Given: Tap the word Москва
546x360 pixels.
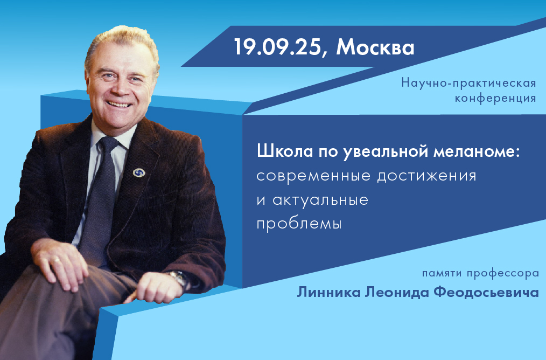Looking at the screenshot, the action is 375,47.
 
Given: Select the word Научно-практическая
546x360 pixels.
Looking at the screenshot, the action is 468,84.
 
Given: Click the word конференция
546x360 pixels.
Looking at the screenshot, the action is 495,98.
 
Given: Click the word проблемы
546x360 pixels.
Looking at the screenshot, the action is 299,224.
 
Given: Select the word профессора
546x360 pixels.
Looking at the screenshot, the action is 502,274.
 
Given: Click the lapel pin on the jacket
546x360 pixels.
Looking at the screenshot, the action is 138,172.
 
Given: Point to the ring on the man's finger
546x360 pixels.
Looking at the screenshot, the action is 57,259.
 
